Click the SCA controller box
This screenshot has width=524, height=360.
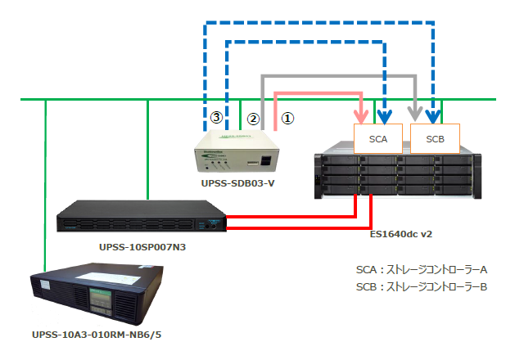[378, 139]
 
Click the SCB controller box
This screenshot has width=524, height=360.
[435, 139]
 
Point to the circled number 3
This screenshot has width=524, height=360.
[216, 118]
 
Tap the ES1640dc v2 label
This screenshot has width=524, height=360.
[400, 234]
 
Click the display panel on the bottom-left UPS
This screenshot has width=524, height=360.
[98, 304]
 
